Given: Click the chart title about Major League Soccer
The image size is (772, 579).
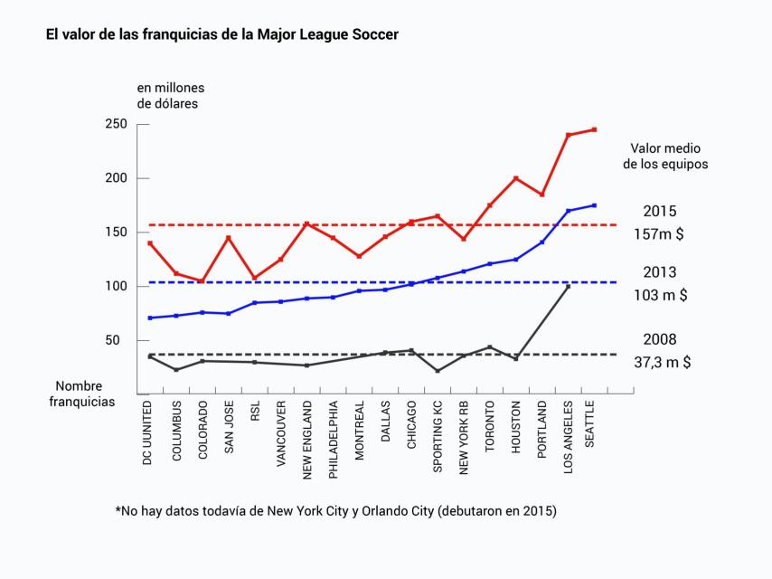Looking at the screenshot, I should (x=221, y=34).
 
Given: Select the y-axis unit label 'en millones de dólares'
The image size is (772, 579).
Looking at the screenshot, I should (x=171, y=95).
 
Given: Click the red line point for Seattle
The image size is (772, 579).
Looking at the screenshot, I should (x=594, y=129).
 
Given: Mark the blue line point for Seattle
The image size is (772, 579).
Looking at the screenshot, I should (x=594, y=205).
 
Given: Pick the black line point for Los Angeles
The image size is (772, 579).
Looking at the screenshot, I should (x=568, y=286).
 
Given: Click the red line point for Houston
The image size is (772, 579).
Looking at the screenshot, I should (x=516, y=178).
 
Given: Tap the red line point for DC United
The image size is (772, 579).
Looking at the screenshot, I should (x=150, y=243).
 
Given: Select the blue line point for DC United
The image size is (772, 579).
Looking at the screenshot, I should (x=150, y=318).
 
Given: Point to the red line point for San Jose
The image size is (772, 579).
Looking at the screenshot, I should (x=229, y=238).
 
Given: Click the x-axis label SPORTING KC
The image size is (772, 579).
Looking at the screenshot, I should (x=438, y=434).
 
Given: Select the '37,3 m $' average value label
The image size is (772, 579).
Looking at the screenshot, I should (x=664, y=362).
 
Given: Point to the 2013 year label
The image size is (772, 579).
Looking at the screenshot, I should (x=660, y=271).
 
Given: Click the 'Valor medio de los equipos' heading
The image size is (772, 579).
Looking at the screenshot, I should (x=665, y=157).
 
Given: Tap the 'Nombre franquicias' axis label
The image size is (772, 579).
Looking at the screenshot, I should (x=82, y=394).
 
